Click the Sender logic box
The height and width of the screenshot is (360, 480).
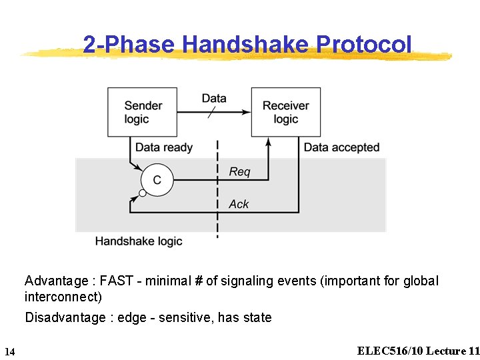pos(143,112)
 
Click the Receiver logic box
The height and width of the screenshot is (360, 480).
pos(285,112)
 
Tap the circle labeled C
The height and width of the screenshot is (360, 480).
pos(157,180)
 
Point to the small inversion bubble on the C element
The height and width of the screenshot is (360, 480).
pos(142,194)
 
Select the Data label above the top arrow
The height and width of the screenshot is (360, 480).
pos(214,98)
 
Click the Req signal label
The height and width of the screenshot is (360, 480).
pos(239,172)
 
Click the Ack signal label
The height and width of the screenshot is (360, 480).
pos(239,204)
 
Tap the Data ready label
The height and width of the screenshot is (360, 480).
pos(164,147)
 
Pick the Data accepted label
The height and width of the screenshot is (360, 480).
pos(341,147)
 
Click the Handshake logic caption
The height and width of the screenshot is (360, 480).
pos(139,241)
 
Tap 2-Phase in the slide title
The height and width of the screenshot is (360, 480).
pos(129,44)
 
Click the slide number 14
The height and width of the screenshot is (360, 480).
pos(9,351)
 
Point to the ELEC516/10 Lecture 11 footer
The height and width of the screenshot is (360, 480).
pos(418,351)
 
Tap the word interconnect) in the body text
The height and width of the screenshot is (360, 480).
pos(63,296)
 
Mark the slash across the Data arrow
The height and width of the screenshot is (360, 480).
pos(211,113)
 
